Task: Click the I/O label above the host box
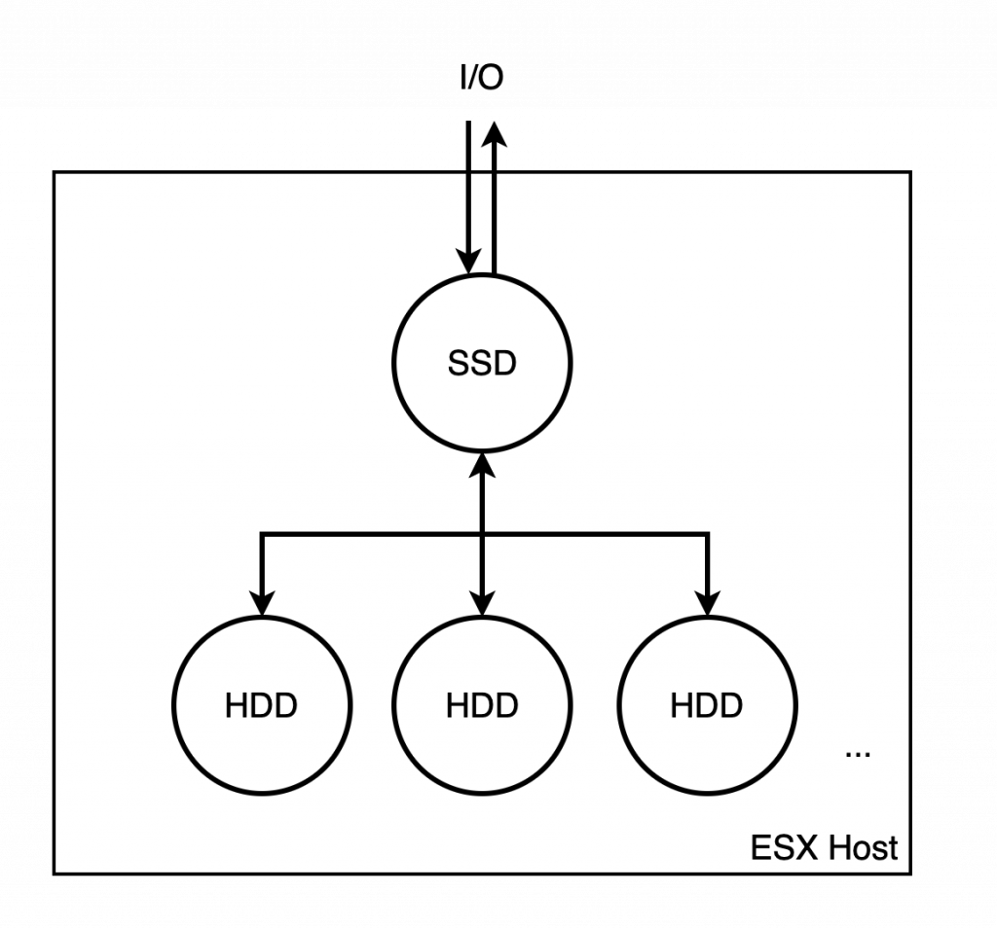[482, 79]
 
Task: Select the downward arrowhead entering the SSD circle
[469, 261]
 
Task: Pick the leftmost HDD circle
[262, 705]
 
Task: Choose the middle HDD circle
[482, 705]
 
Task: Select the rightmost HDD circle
[707, 705]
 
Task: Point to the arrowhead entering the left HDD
[262, 603]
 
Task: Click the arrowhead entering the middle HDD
[482, 603]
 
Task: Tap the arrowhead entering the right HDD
[707, 603]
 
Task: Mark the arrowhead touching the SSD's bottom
[482, 466]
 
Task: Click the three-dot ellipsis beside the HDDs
[858, 753]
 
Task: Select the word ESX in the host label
[784, 847]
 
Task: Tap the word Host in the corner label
[863, 847]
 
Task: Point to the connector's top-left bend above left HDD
[262, 533]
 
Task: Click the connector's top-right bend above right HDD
[707, 533]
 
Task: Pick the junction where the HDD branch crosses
[482, 533]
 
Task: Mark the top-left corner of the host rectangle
[55, 174]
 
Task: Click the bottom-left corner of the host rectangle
[55, 872]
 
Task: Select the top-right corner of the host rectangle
[910, 174]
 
